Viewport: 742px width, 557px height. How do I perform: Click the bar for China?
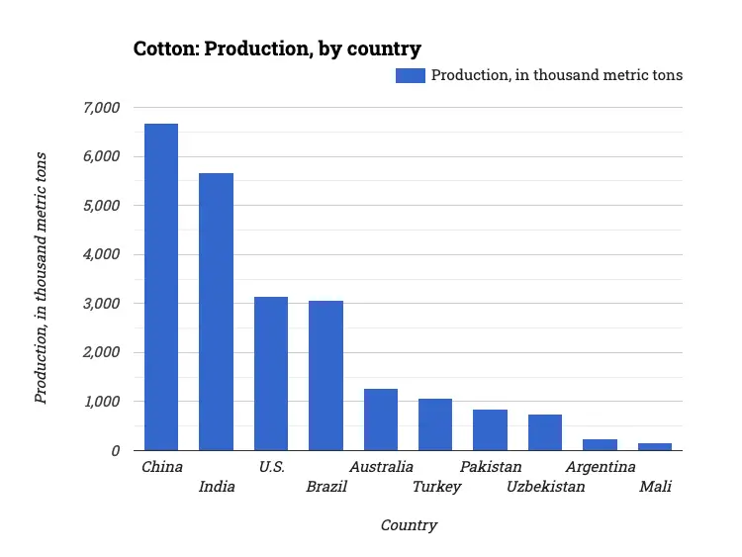point(161,287)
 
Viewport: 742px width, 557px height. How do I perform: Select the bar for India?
point(216,312)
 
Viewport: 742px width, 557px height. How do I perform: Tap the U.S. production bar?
point(271,374)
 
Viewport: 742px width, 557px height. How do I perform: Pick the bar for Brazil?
point(325,376)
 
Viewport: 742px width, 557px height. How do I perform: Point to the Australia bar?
point(381,419)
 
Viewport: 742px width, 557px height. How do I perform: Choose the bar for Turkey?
point(435,424)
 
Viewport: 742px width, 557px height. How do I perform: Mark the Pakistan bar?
point(490,430)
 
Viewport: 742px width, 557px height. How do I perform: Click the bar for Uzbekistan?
point(545,432)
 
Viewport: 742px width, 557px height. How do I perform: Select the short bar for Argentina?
point(600,445)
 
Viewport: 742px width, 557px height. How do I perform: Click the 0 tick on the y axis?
point(115,451)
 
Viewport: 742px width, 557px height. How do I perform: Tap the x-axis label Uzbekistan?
point(545,487)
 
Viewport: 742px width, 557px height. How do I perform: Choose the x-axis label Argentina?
point(600,467)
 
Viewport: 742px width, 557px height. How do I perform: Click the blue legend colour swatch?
point(410,75)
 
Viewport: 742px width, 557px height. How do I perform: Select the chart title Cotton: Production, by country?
point(277,48)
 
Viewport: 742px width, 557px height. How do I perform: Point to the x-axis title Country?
point(409,525)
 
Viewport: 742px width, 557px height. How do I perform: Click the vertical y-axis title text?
point(41,278)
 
